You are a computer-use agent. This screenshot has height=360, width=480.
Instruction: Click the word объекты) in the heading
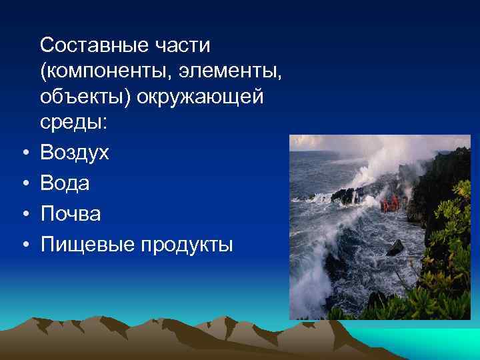(x=85, y=97)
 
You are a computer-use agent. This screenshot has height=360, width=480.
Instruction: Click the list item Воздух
(x=74, y=153)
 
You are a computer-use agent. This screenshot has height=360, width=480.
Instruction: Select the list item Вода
(x=65, y=183)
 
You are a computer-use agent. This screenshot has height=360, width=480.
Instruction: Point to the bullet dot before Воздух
(x=24, y=154)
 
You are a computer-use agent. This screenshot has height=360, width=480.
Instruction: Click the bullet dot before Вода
(x=24, y=184)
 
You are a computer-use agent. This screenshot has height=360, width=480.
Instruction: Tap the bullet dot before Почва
(x=24, y=214)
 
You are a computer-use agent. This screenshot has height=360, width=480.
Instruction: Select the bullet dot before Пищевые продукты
(x=24, y=245)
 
